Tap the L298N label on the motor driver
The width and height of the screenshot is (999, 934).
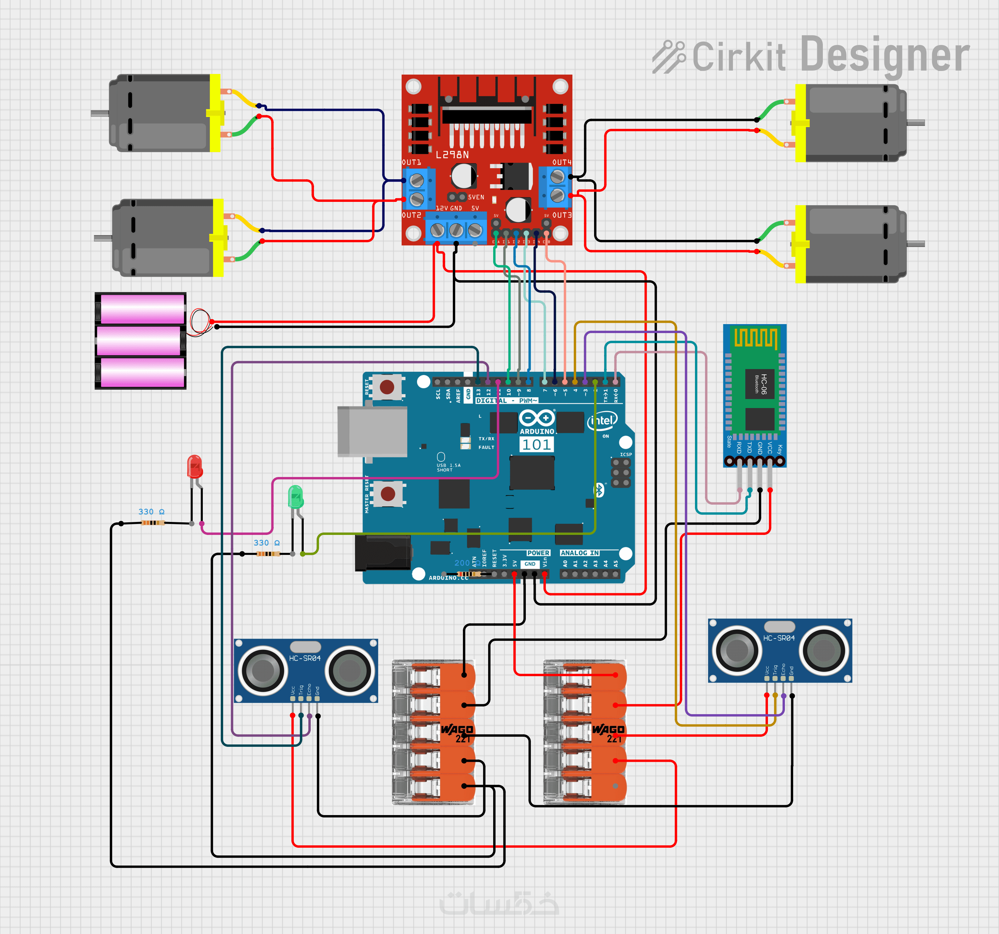tap(452, 155)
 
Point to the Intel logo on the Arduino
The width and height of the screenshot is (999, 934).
tap(602, 421)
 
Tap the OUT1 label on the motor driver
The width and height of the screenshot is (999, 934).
tap(412, 162)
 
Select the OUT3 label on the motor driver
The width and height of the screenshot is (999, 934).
tap(562, 215)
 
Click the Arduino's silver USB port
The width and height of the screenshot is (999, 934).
tap(372, 431)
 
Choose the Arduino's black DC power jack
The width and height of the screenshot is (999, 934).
tap(382, 553)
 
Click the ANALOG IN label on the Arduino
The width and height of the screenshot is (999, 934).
tap(579, 553)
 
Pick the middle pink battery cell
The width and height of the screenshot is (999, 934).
tap(139, 341)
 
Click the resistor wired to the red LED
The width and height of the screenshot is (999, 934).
tap(153, 523)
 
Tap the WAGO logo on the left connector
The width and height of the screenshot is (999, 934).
tap(457, 729)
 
